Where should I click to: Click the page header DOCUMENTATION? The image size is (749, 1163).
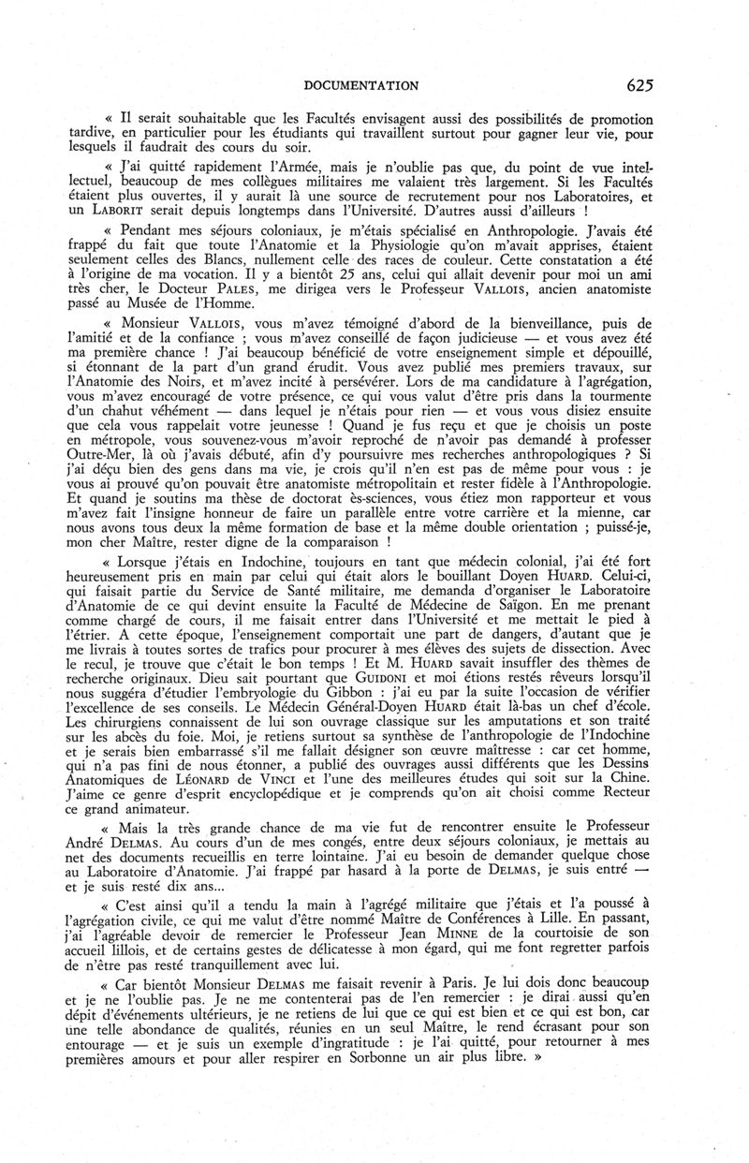[360, 85]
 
